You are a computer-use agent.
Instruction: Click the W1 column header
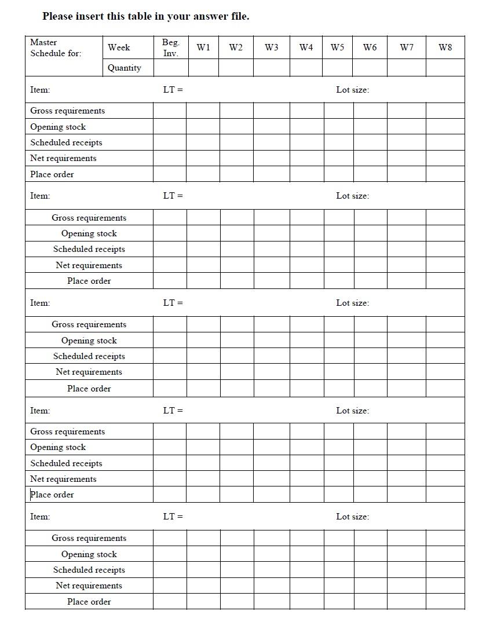click(x=203, y=47)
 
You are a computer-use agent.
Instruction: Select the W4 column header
click(x=306, y=47)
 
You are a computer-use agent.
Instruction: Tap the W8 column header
click(x=445, y=47)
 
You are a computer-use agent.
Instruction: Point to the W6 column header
click(x=370, y=47)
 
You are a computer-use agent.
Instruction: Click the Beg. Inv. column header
click(x=170, y=47)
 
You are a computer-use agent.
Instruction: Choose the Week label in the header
click(x=119, y=47)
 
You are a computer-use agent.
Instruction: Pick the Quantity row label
click(x=124, y=68)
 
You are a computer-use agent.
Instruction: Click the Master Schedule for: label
click(x=56, y=47)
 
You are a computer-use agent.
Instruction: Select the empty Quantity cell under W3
click(x=271, y=68)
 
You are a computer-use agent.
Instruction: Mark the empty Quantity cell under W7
click(x=406, y=68)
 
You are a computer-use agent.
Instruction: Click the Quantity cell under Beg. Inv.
click(x=170, y=68)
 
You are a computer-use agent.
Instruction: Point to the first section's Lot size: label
click(x=352, y=90)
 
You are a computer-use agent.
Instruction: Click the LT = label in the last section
click(x=173, y=517)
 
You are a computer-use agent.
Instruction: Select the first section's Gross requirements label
click(x=68, y=111)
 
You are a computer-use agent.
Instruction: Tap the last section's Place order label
click(x=89, y=602)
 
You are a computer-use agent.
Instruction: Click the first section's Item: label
click(x=40, y=90)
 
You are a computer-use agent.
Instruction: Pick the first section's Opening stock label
click(x=58, y=127)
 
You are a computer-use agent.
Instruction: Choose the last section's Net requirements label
click(x=89, y=586)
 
